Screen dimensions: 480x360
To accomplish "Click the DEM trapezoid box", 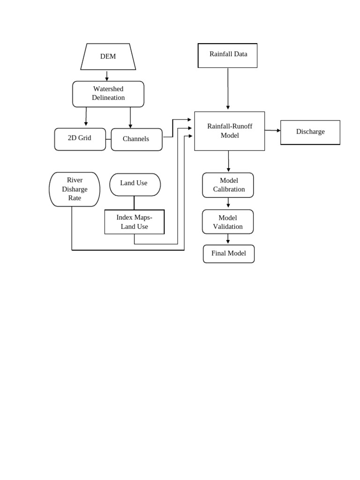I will coord(108,57).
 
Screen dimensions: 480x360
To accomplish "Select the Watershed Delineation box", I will coord(108,94).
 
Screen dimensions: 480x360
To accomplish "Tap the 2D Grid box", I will coord(80,139).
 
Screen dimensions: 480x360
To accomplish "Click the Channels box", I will coord(136,139).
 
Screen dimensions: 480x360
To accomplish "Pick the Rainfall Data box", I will coord(228,56).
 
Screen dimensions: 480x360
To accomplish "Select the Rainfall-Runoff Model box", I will coord(230,131).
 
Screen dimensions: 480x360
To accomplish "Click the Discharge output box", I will coord(310,132).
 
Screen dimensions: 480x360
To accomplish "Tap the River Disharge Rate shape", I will coord(75,189).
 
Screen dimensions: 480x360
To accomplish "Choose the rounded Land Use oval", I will coord(135,185).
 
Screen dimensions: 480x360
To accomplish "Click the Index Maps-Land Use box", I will coord(135,222).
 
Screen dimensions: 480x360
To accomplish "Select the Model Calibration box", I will coord(228,185).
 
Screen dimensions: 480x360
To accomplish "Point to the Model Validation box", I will coord(228,222).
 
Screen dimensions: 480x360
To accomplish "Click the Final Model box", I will coord(229,254).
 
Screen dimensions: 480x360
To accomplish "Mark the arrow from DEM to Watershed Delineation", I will coord(107,76).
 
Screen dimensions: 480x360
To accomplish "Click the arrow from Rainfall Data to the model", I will coord(228,89).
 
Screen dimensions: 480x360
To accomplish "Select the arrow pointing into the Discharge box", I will coord(273,130).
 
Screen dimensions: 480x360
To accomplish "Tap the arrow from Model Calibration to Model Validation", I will coord(228,203).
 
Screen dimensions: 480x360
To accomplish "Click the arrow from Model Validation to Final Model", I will coord(228,239).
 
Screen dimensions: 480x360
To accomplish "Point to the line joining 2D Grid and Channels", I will coord(108,139).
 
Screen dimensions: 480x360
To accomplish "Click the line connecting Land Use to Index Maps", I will coord(134,202).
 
